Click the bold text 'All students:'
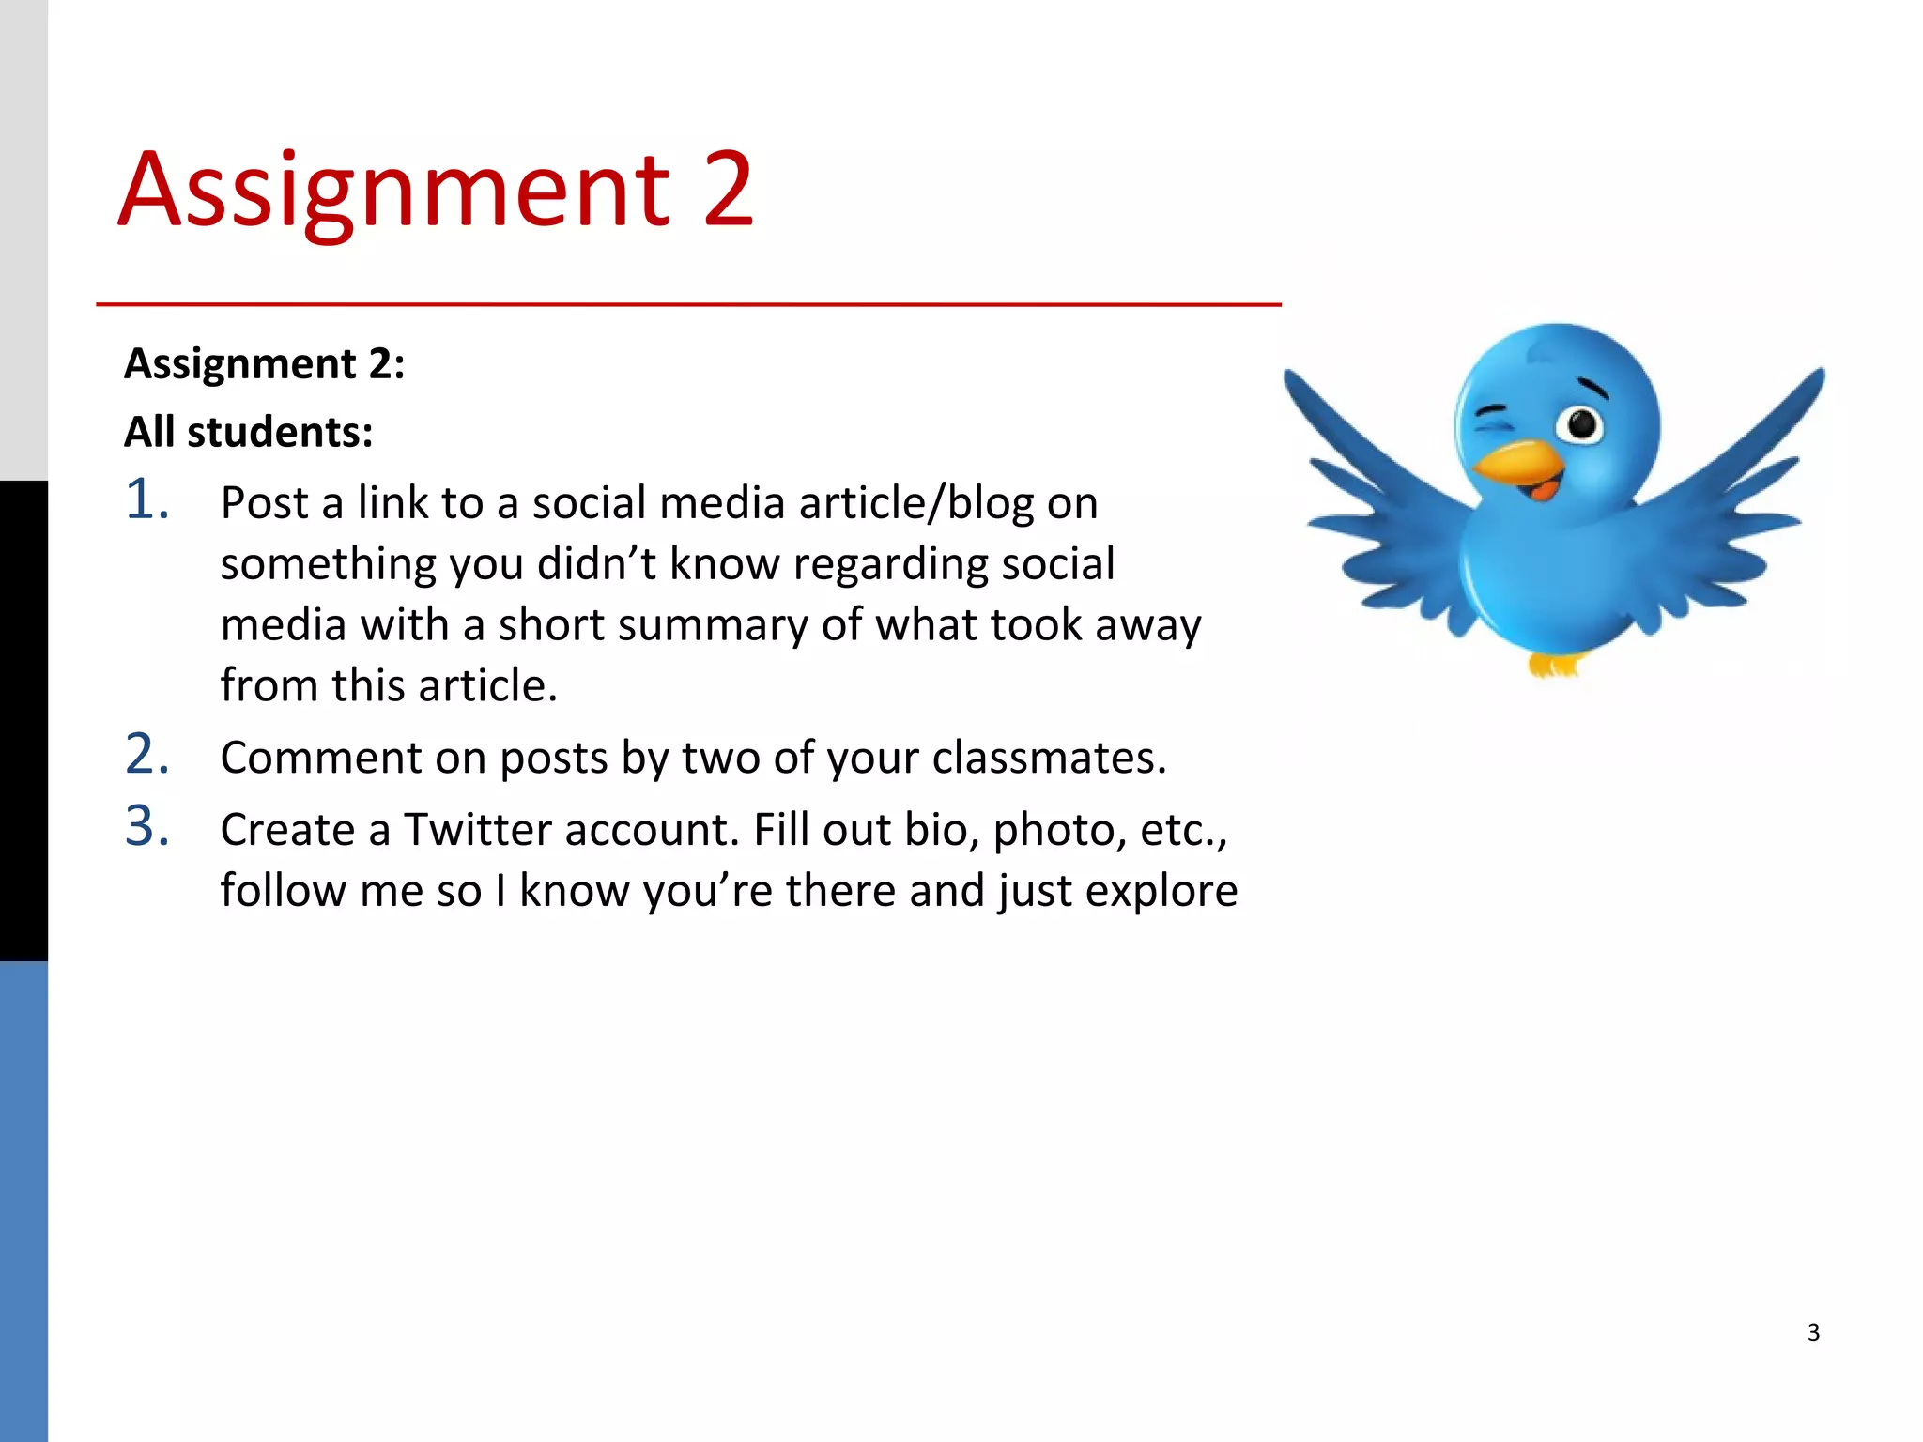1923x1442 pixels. point(249,433)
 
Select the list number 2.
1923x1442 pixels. point(147,754)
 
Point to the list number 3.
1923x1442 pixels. point(147,826)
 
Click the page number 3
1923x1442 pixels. point(1813,1332)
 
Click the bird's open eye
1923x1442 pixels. point(1582,424)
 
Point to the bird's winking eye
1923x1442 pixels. point(1492,416)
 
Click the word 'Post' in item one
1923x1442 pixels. point(264,503)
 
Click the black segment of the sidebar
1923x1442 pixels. point(23,720)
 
